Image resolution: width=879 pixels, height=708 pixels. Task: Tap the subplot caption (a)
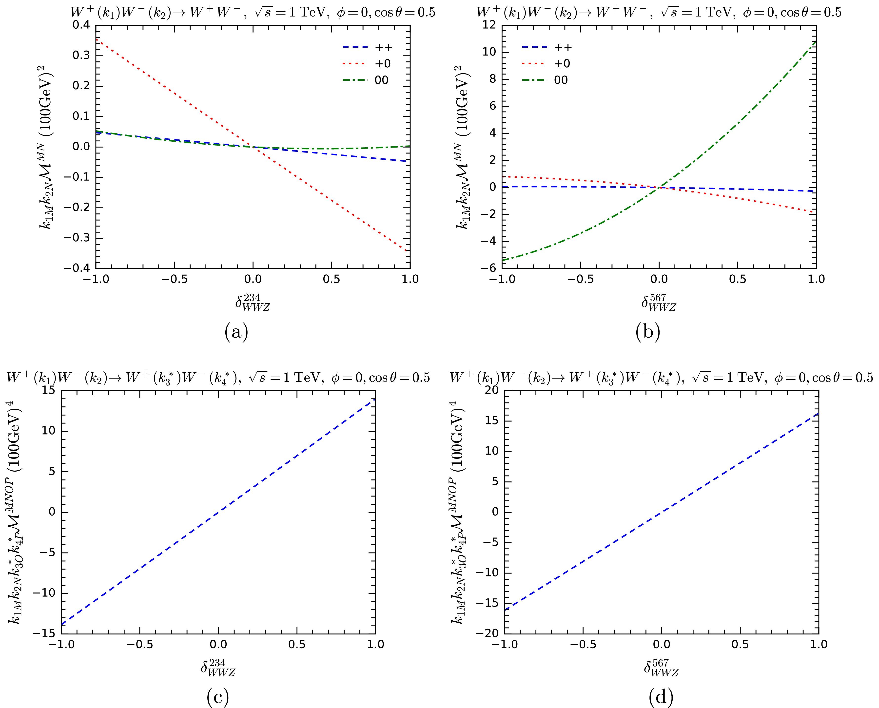(x=236, y=332)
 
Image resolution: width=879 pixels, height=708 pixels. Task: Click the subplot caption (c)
(x=217, y=698)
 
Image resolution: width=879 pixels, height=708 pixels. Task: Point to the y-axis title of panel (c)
(x=16, y=512)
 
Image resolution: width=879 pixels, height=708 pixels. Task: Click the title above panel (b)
(x=659, y=12)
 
